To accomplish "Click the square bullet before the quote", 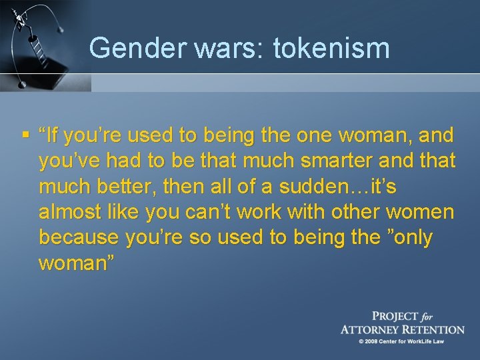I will pos(25,135).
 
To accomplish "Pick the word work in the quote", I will pos(268,211).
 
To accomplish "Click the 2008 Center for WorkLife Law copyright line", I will pos(401,341).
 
